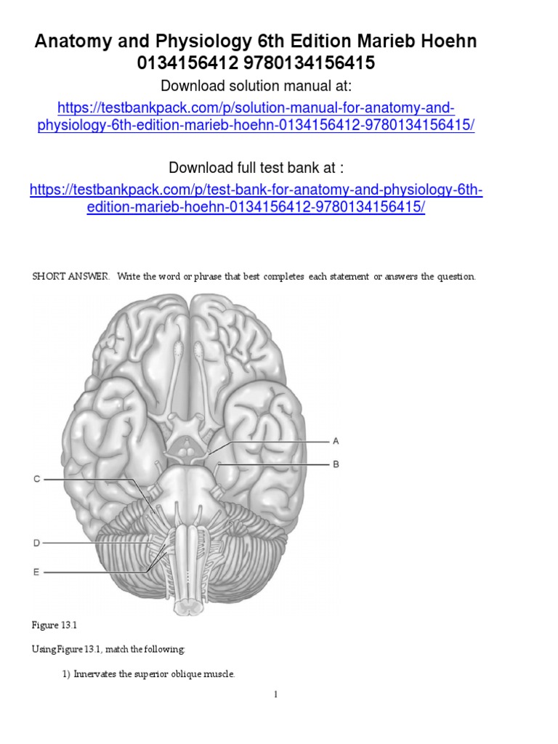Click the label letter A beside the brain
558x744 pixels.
click(336, 441)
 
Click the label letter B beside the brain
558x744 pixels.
click(336, 464)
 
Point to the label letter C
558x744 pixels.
click(36, 479)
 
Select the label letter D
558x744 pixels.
click(36, 543)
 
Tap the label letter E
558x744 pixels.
click(36, 573)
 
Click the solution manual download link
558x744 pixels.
click(256, 116)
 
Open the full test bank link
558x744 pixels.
click(256, 198)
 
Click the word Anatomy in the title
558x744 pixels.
click(70, 41)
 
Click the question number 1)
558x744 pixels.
click(66, 674)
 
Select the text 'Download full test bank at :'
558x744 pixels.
click(256, 168)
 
